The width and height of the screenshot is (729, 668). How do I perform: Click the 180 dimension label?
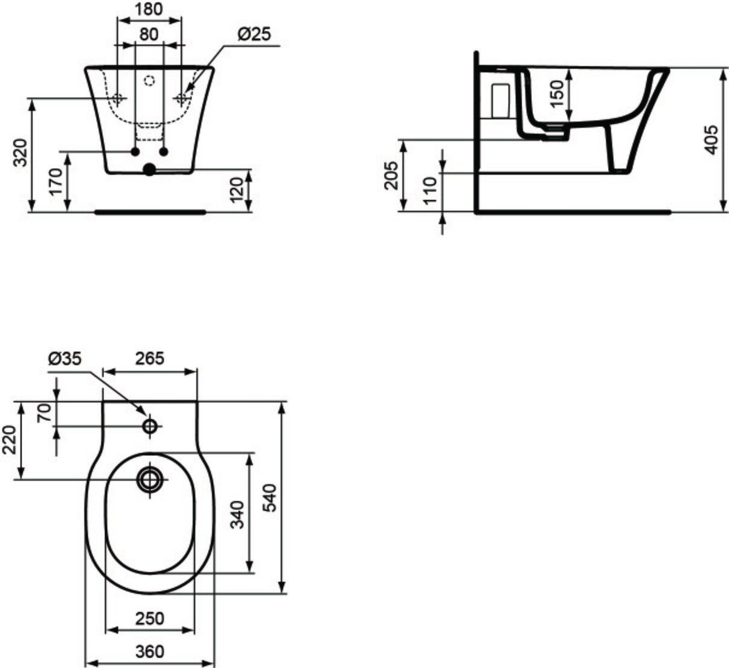(x=149, y=10)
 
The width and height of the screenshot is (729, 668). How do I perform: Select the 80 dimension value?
(x=149, y=34)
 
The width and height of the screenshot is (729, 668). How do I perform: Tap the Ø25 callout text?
(x=255, y=35)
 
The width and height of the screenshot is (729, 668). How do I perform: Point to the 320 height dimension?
(x=20, y=152)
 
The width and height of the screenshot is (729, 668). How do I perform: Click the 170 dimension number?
(x=56, y=182)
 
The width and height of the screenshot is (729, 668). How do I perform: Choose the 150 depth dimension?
(x=556, y=94)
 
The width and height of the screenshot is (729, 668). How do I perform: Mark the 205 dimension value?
(x=391, y=176)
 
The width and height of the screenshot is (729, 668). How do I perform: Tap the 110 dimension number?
(x=430, y=191)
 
